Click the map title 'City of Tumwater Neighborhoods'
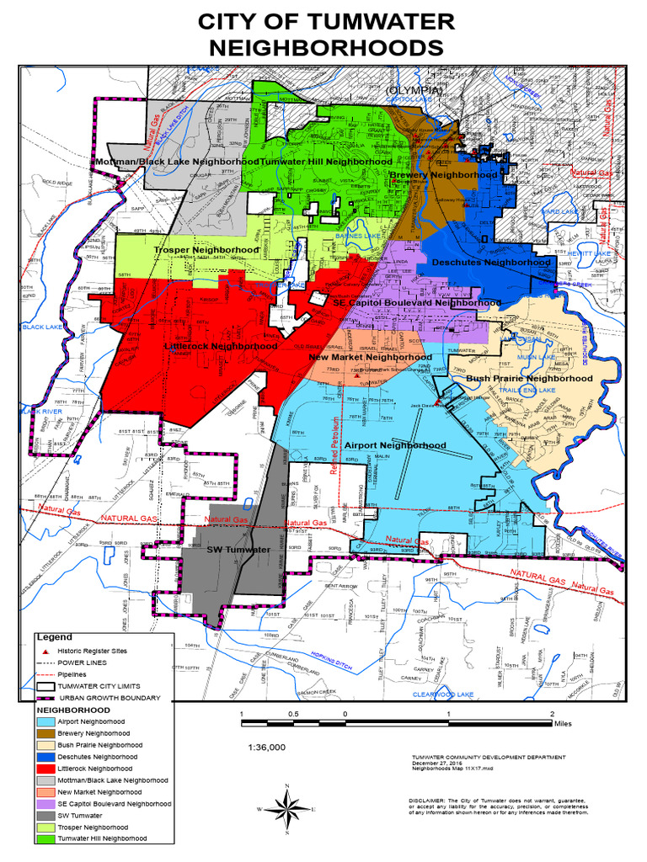pos(324,35)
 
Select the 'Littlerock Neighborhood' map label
pos(221,346)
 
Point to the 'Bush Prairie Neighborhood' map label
pos(529,379)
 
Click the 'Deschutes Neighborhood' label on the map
pos(491,263)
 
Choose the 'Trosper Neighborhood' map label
pos(206,250)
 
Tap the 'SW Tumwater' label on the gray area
pos(238,550)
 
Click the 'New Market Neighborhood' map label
pos(371,357)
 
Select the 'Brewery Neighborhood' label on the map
pos(443,175)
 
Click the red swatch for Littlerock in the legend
pos(45,769)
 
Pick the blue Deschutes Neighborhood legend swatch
pos(45,757)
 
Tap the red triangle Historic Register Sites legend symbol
pos(45,652)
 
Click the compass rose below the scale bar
pos(288,810)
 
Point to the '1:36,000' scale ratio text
pos(267,747)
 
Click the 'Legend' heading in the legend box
pos(56,637)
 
